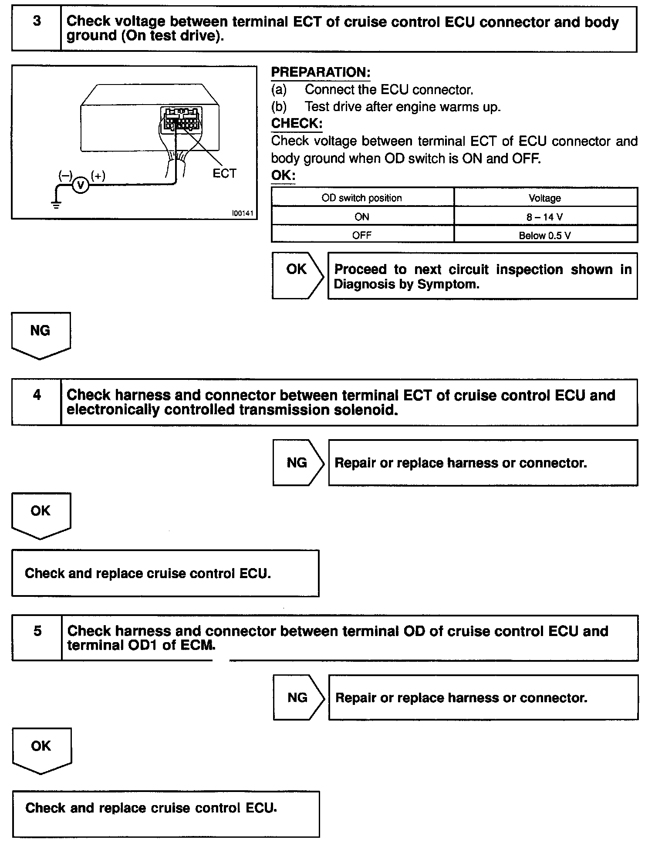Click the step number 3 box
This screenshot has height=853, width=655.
tap(37, 29)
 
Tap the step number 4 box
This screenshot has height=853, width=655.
tap(37, 402)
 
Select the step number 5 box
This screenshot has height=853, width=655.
tap(37, 637)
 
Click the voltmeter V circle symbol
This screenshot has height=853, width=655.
tap(80, 185)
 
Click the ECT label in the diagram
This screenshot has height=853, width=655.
tap(224, 173)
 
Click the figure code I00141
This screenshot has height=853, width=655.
tap(243, 213)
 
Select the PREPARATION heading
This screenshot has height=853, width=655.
tap(321, 72)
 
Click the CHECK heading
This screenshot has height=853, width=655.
tap(297, 123)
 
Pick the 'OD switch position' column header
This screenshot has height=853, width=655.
tap(362, 198)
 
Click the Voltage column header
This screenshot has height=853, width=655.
tap(545, 198)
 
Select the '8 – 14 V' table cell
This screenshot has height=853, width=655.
tap(545, 217)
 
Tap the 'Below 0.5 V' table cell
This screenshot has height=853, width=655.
tap(545, 235)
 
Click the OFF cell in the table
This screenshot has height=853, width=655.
tap(362, 235)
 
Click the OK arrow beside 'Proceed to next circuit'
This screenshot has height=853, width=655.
tap(297, 275)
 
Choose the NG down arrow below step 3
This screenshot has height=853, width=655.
tap(41, 335)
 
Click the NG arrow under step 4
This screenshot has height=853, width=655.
tap(298, 462)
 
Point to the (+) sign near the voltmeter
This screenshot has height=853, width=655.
tap(98, 176)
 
